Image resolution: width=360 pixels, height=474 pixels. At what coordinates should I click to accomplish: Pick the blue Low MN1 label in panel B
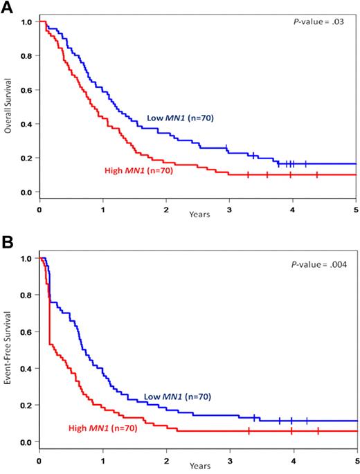pos(177,396)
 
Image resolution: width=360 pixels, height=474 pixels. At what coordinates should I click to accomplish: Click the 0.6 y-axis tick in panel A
pos(27,90)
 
